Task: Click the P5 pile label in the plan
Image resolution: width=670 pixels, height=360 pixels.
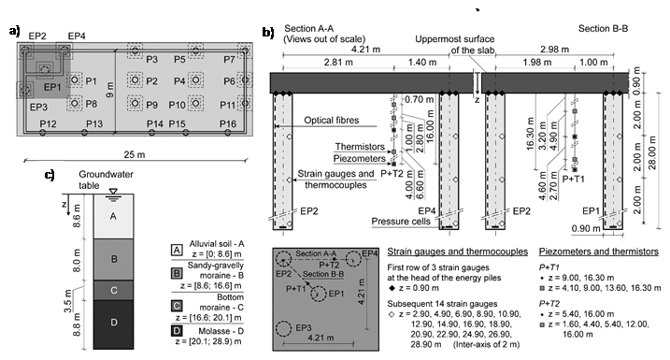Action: click(x=179, y=59)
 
